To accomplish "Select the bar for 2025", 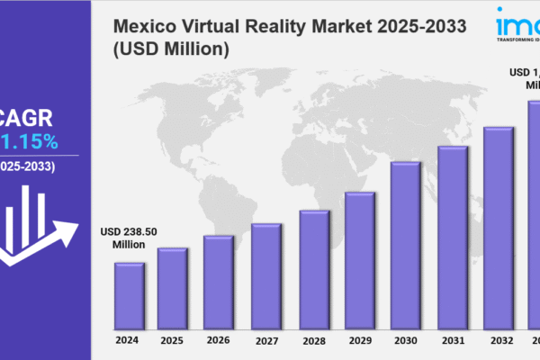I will pos(172,288).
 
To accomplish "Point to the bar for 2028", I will pos(313,269).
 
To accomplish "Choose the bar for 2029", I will pos(359,260).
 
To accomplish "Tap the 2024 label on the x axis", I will pos(127,340).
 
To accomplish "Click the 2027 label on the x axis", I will pos(265,341).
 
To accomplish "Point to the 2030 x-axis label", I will pos(405,341).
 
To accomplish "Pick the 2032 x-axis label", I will pos(498,341).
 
